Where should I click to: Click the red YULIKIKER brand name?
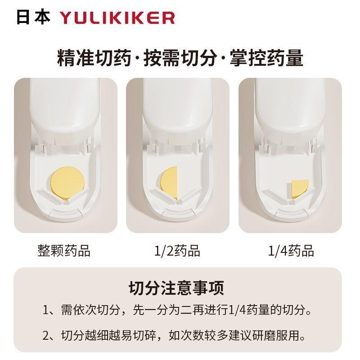click(x=117, y=18)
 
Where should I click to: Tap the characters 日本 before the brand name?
click(x=33, y=17)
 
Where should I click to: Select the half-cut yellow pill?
click(x=170, y=184)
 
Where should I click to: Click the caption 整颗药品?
click(x=64, y=250)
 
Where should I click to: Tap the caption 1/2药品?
click(x=177, y=250)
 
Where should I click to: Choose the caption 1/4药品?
click(x=291, y=250)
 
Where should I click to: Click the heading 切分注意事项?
click(x=176, y=287)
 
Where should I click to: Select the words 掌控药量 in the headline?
click(x=266, y=58)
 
